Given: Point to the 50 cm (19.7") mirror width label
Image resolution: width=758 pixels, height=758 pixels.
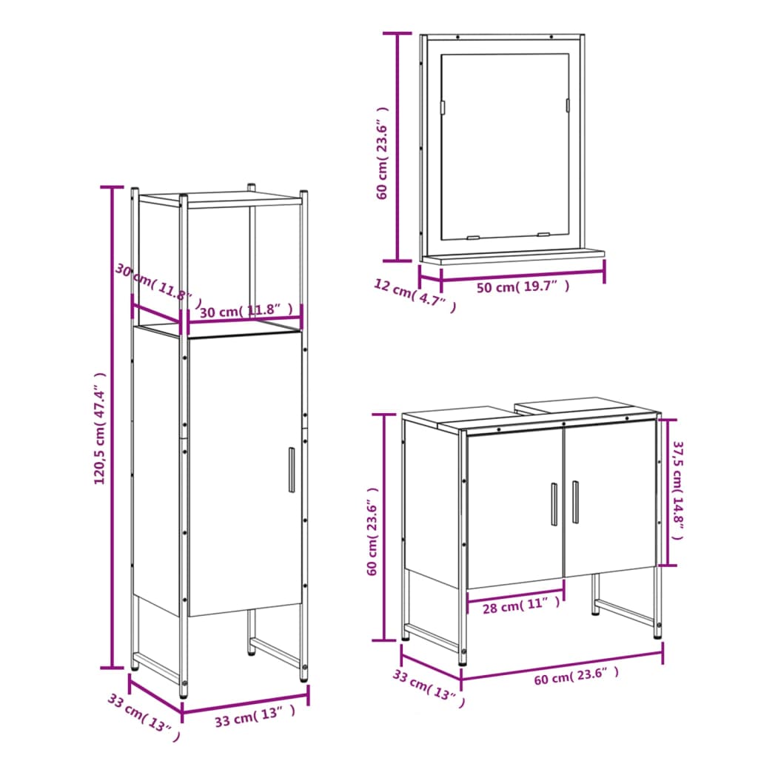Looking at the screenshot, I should [x=523, y=287].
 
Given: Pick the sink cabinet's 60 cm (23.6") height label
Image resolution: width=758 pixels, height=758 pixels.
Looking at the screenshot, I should [x=373, y=530].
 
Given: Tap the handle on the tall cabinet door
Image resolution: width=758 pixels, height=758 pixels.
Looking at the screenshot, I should [x=291, y=469].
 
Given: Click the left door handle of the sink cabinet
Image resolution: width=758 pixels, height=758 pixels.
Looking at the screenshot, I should [x=554, y=503].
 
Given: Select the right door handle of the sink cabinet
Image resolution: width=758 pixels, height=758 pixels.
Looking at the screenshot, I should [x=575, y=502].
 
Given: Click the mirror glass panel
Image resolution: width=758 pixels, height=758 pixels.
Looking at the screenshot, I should [x=503, y=144].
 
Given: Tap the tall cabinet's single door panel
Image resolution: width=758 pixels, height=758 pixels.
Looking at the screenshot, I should [x=244, y=474].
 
